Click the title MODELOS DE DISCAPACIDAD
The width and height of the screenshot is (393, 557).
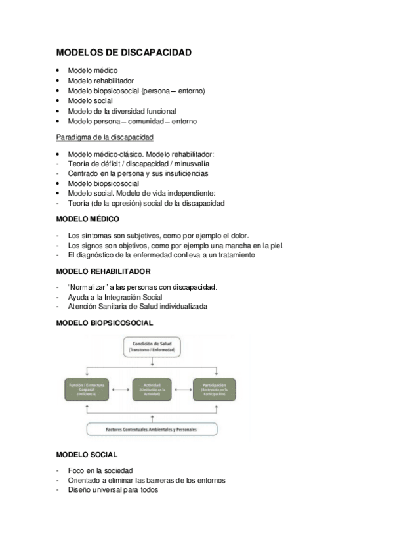(x=124, y=52)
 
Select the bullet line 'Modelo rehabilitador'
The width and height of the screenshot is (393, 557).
(x=101, y=81)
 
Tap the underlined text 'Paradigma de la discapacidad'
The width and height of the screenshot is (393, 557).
(x=105, y=137)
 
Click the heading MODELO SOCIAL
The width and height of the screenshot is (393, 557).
(x=87, y=454)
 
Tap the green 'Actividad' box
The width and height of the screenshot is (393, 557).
(x=152, y=390)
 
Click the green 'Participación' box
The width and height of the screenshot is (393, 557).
(x=214, y=390)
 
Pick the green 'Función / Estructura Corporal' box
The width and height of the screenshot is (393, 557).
(x=87, y=390)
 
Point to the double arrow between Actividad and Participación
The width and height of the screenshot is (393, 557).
(x=183, y=390)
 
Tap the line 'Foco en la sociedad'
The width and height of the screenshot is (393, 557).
(x=100, y=470)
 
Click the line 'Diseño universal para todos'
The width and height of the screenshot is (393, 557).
(x=113, y=489)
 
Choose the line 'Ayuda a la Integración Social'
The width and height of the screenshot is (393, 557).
(x=115, y=297)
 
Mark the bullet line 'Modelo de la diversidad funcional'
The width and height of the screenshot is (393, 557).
(x=122, y=111)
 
